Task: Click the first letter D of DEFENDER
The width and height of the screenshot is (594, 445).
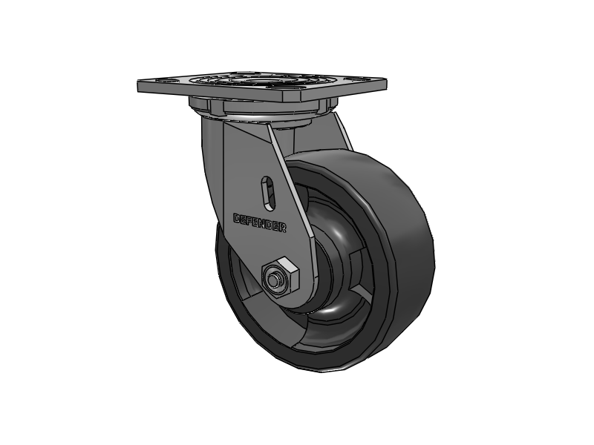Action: point(237,218)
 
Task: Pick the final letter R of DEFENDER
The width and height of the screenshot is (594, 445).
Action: point(284,228)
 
